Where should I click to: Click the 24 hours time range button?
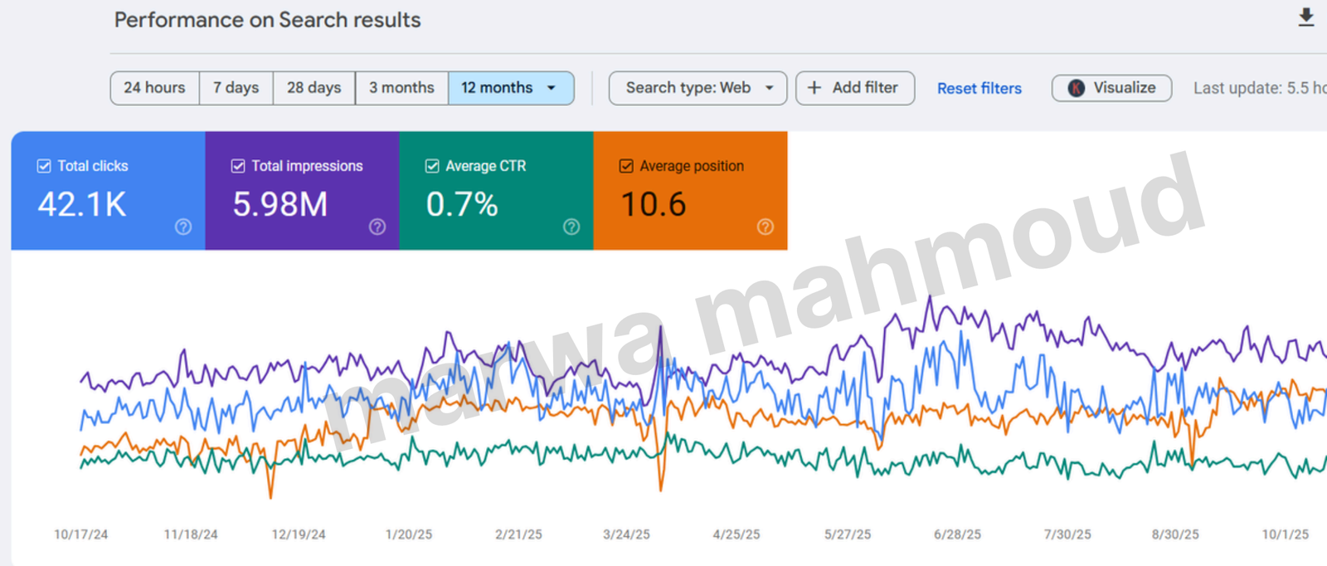tap(154, 88)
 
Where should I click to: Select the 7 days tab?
tap(236, 88)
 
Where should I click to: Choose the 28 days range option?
tap(314, 88)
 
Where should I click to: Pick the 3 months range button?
tap(401, 88)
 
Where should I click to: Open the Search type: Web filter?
tap(698, 88)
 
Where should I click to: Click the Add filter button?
tap(854, 88)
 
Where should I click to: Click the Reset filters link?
tap(979, 89)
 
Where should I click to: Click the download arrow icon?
tap(1306, 17)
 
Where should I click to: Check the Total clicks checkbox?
tap(44, 166)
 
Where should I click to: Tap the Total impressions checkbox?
tap(238, 166)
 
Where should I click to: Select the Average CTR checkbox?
tap(432, 166)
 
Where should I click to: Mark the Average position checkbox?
tap(626, 166)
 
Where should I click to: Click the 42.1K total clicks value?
tap(82, 204)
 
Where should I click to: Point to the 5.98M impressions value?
tap(279, 204)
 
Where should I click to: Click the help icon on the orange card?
tap(766, 227)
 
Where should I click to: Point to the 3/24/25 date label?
tap(626, 534)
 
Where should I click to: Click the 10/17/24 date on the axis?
tap(80, 534)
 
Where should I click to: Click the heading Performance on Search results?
tap(267, 20)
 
